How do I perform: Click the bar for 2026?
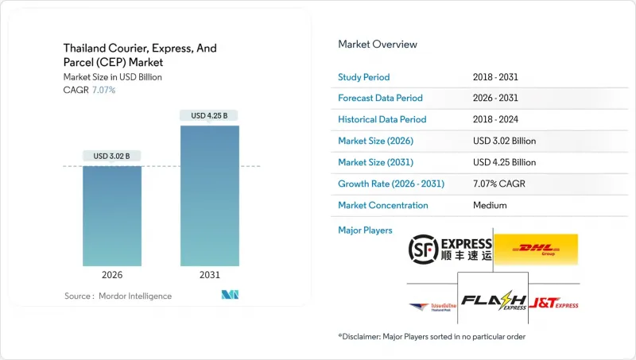(112, 215)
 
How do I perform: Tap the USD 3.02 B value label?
(112, 156)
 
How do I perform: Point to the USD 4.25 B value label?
(209, 115)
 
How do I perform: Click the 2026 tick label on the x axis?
(112, 274)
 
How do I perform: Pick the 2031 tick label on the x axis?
(209, 274)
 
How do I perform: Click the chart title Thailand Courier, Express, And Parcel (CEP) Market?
(138, 55)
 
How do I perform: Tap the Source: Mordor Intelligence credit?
(118, 296)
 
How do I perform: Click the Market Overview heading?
(377, 45)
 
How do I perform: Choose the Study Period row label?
(365, 76)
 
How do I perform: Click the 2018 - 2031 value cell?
(496, 76)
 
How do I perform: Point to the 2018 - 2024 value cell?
(496, 119)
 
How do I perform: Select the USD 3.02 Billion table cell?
(504, 141)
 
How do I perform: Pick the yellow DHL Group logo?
(535, 250)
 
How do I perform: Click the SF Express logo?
(450, 250)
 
